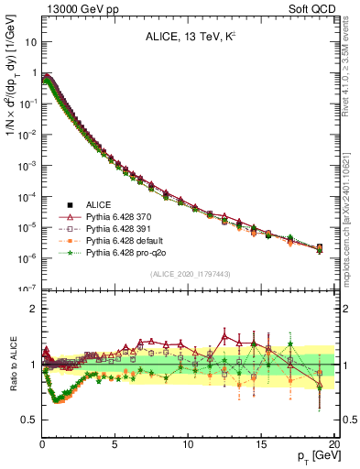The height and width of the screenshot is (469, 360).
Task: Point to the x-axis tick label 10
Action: (187, 444)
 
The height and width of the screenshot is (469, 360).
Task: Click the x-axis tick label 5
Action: (115, 444)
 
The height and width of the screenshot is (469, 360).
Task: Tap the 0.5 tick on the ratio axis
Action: (29, 420)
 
